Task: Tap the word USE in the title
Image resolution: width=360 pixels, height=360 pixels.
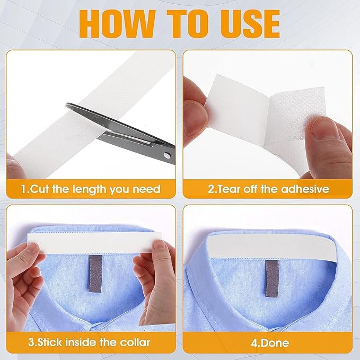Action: click(x=250, y=24)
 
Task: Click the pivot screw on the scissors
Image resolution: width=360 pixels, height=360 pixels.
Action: click(x=167, y=156)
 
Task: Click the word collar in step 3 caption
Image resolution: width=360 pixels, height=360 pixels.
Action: click(x=135, y=343)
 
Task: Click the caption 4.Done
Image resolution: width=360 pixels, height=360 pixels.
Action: click(x=270, y=343)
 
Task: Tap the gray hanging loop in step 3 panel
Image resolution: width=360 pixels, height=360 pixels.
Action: click(x=95, y=274)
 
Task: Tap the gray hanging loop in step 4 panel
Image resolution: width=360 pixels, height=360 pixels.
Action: click(x=272, y=278)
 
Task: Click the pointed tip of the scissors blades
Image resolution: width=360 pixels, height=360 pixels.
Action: click(x=67, y=106)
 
